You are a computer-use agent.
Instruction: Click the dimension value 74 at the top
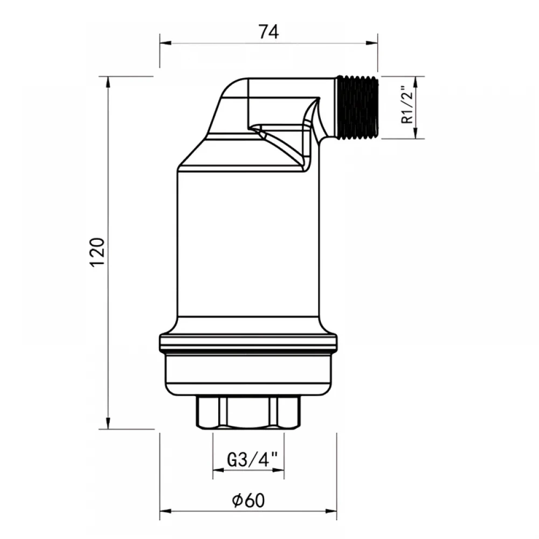[269, 32]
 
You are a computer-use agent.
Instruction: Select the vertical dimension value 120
[97, 252]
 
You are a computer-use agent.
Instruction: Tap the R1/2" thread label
[407, 105]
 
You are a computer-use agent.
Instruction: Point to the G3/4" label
[252, 460]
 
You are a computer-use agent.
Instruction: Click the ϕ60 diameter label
[248, 501]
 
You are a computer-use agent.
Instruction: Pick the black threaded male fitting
[358, 108]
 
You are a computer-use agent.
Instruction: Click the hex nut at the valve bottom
[248, 412]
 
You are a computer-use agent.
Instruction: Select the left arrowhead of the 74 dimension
[165, 43]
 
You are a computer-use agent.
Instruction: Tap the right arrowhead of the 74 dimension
[371, 43]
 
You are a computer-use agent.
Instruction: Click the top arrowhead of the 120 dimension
[108, 82]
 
